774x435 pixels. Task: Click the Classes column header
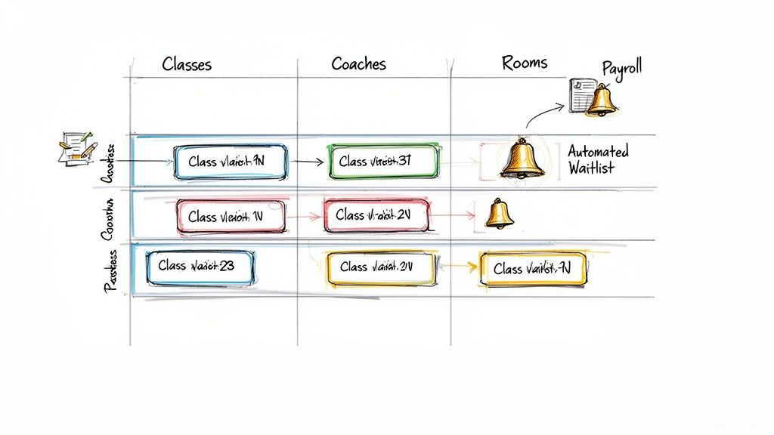tap(187, 64)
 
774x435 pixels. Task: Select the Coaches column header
tap(359, 63)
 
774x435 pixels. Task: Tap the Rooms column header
tap(525, 63)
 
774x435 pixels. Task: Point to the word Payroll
tap(621, 68)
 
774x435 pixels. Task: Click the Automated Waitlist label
tap(598, 159)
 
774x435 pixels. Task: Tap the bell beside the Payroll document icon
tap(602, 100)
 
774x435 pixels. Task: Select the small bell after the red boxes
tap(499, 214)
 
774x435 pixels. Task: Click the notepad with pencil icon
tap(76, 147)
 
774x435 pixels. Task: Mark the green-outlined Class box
tap(382, 162)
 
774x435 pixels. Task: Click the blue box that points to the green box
tap(230, 162)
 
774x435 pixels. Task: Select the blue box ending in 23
tap(200, 267)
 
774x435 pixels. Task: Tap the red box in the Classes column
tap(231, 217)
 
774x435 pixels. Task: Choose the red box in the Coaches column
tap(376, 216)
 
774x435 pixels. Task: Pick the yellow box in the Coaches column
tap(382, 267)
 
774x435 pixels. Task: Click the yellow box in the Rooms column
tap(532, 269)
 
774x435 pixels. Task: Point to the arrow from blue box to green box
tap(305, 162)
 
